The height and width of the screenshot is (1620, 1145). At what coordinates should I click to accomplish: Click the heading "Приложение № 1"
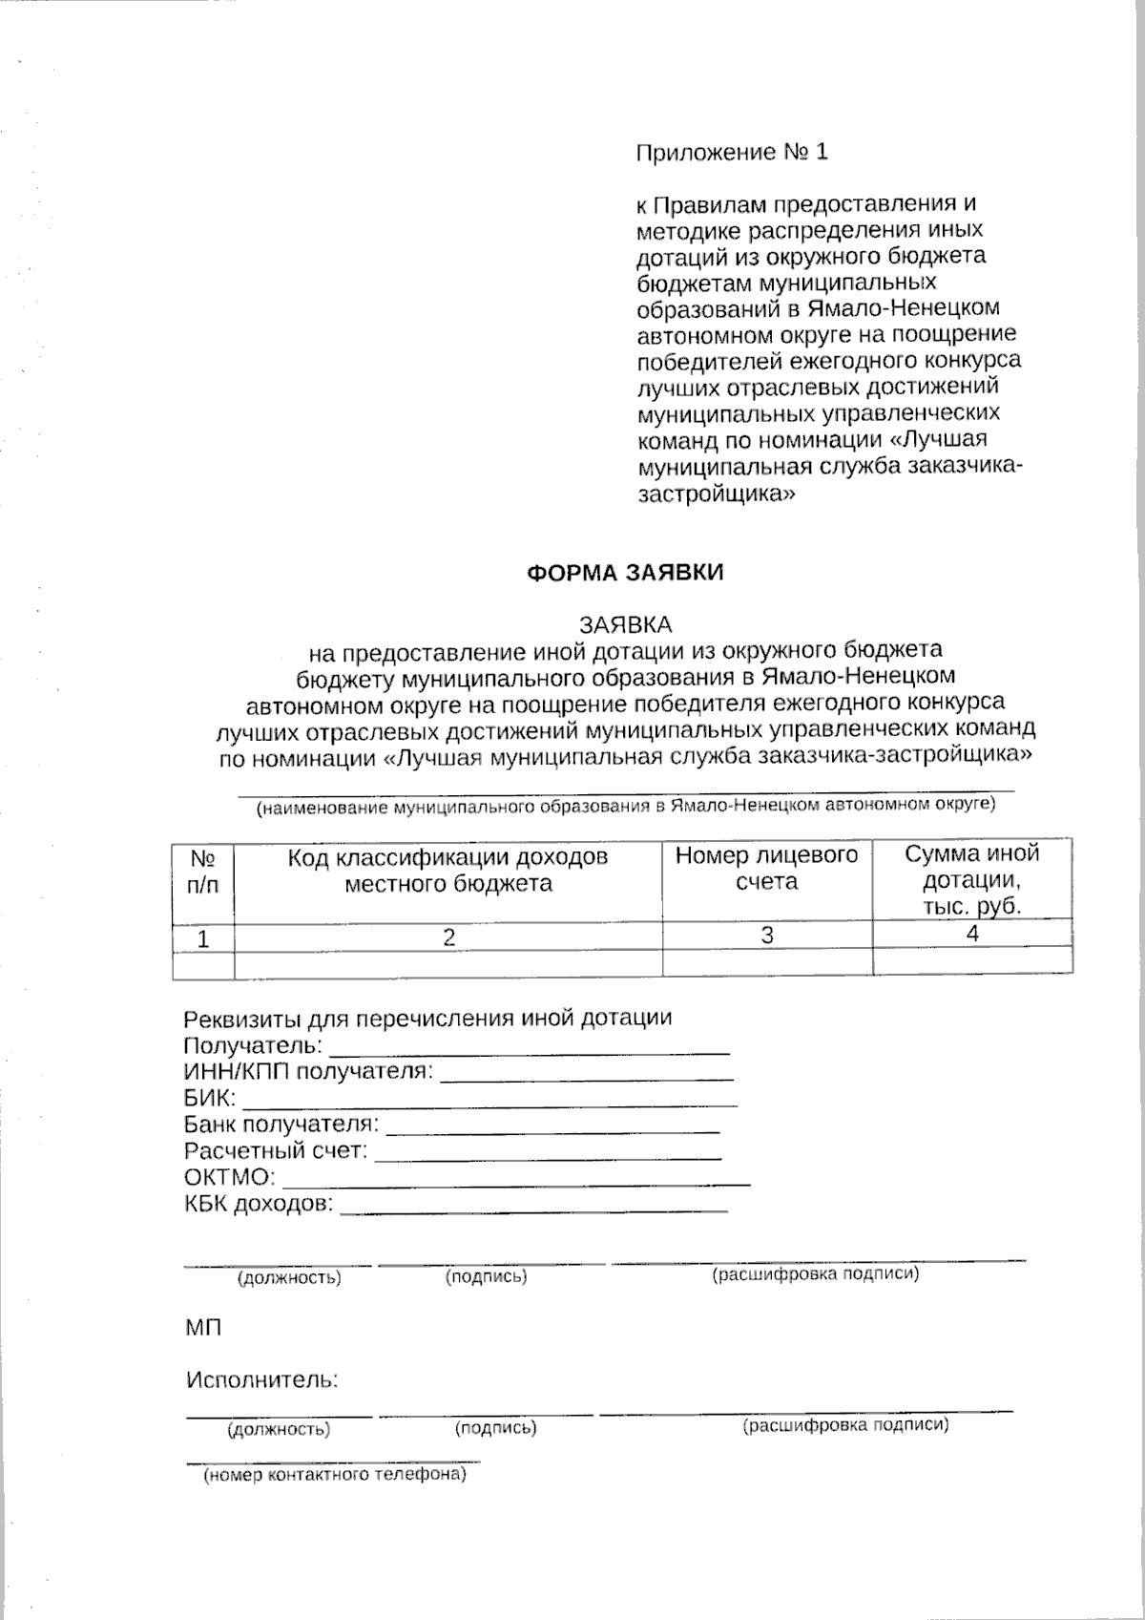coord(732,152)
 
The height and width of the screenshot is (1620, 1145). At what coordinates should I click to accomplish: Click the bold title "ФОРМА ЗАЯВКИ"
coord(626,573)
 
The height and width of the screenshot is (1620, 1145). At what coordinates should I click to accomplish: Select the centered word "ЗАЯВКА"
coord(627,624)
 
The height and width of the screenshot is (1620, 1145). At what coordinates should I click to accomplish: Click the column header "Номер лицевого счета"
coord(767,868)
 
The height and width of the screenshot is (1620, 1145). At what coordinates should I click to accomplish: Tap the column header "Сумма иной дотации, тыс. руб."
coord(971,879)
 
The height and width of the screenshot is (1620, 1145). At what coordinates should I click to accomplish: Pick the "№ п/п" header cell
coord(202,871)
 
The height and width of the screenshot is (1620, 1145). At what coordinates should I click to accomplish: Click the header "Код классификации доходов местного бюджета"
coord(448,870)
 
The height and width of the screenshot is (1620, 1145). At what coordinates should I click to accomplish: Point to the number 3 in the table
coord(767,936)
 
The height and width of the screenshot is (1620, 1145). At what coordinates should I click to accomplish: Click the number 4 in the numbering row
coord(972,935)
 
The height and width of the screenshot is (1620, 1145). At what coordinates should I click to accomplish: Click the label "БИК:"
coord(209,1098)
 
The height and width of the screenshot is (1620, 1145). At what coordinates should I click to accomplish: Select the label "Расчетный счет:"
coord(276,1150)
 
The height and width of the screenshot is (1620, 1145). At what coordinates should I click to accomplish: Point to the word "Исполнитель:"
coord(262,1379)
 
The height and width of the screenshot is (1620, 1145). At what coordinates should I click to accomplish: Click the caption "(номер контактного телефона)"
coord(334,1475)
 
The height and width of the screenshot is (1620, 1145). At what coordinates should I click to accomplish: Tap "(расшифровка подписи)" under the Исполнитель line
coord(845,1425)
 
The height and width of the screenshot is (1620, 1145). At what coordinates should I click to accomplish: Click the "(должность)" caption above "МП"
coord(288,1276)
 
